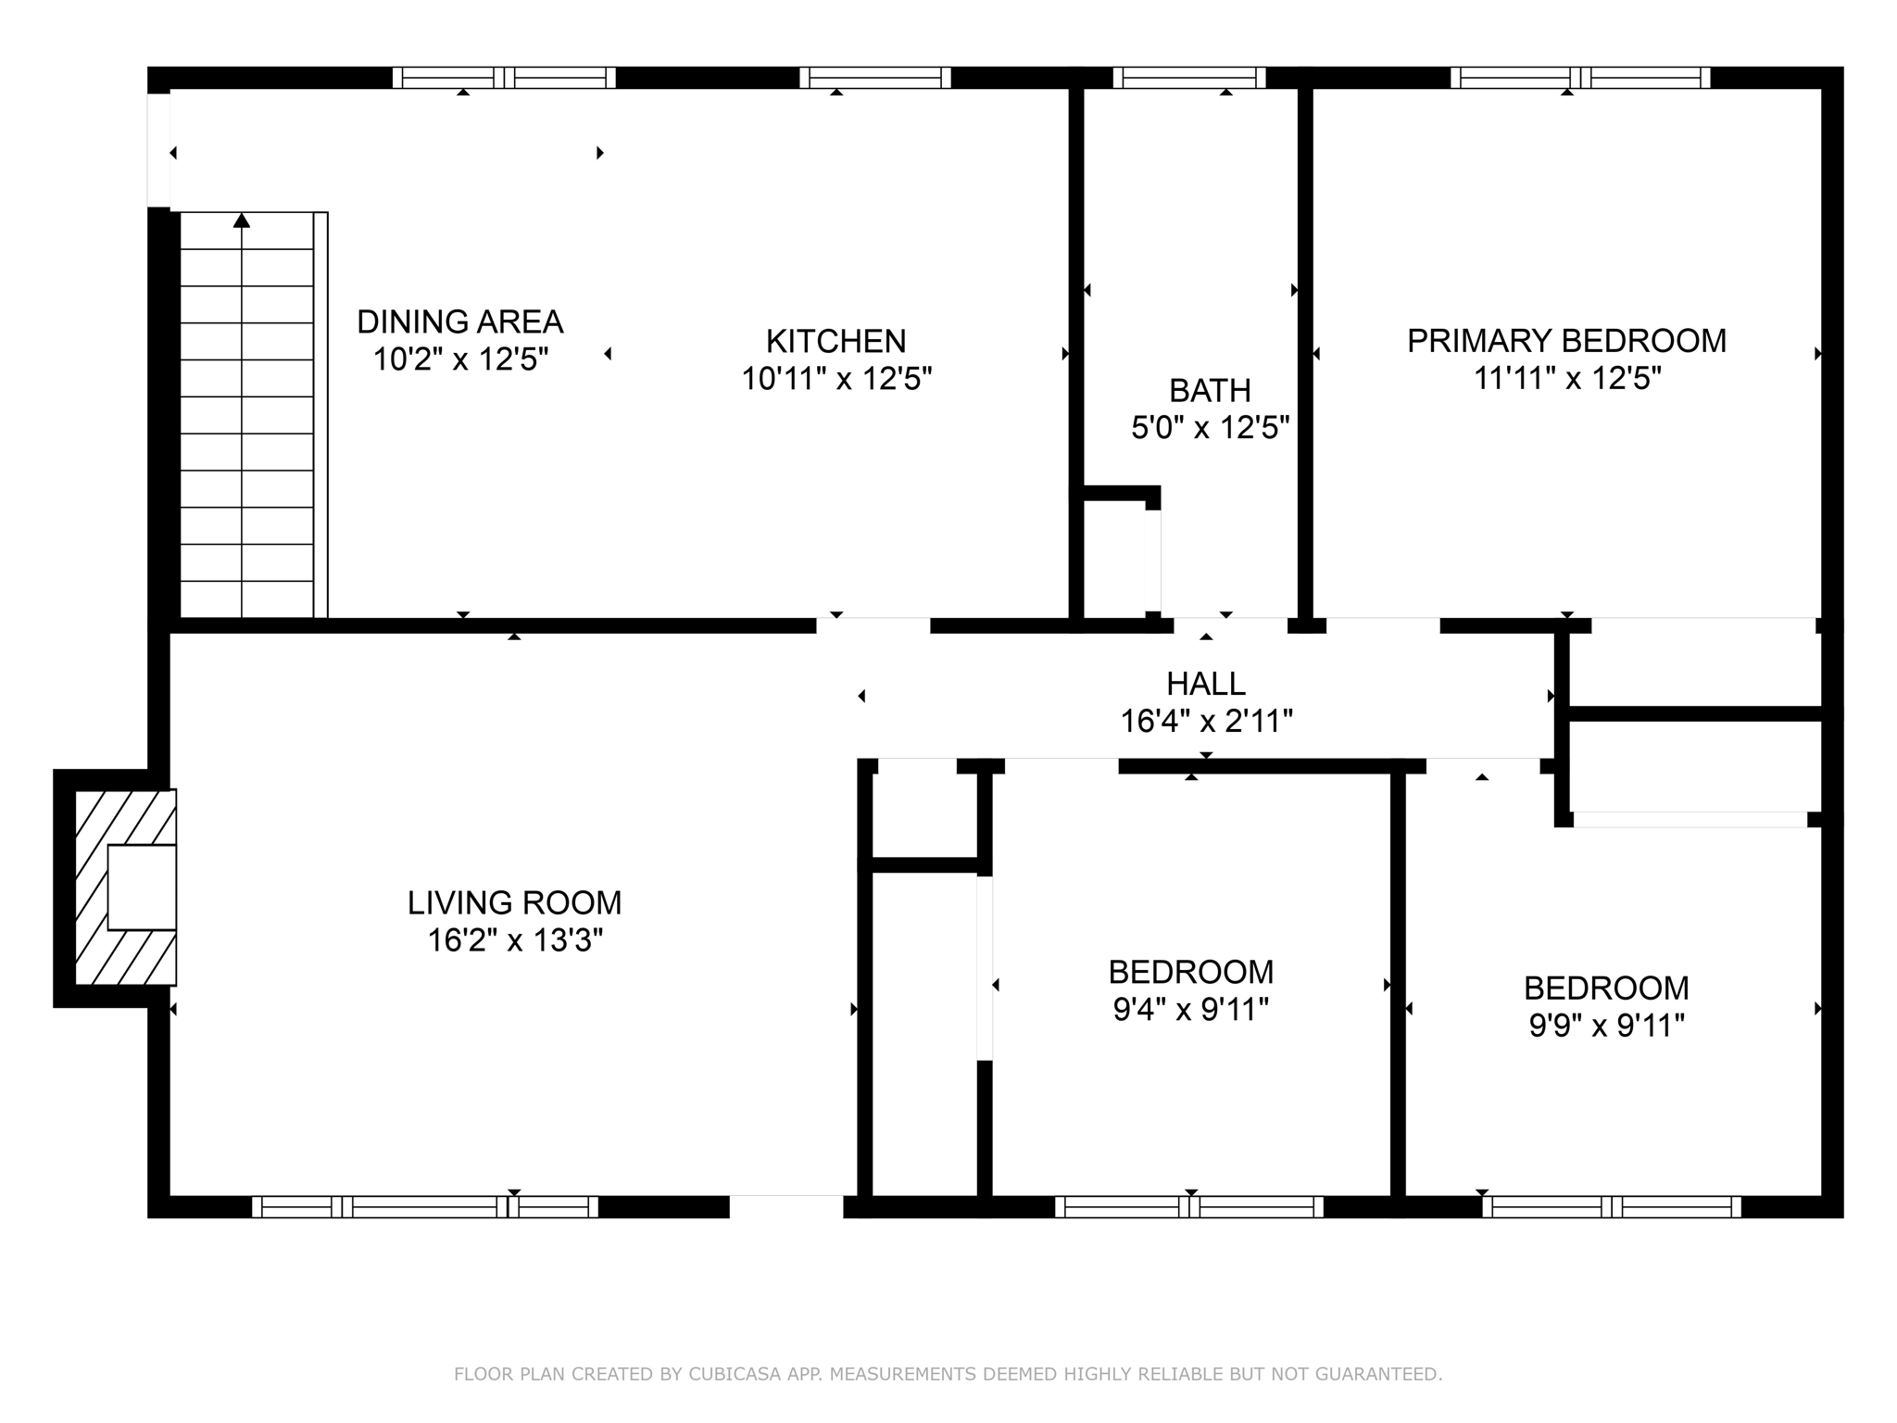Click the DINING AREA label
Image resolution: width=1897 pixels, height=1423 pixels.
(459, 321)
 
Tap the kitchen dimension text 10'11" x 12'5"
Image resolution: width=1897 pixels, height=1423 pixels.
(835, 379)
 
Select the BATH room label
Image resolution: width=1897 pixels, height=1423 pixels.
(1210, 391)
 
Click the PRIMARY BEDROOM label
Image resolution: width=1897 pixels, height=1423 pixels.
(1566, 341)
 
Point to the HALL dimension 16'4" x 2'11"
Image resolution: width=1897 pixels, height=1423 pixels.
(1206, 721)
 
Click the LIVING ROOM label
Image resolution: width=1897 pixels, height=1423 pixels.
(514, 902)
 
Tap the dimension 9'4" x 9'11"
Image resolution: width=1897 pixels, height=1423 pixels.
(1190, 1009)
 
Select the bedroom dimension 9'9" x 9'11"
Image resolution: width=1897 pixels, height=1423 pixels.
(1606, 1026)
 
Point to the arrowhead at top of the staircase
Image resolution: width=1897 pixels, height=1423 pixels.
(242, 220)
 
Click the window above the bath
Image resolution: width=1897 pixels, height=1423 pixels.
(1188, 78)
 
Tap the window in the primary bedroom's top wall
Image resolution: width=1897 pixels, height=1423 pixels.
(1579, 78)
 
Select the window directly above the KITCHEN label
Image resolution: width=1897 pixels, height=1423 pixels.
(874, 78)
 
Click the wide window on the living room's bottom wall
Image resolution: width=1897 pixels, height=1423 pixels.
(424, 1206)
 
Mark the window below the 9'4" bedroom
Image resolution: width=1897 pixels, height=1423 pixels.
(1189, 1206)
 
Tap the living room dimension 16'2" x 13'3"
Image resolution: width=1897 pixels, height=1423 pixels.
(514, 940)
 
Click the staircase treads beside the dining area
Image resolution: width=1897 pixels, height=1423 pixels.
(246, 417)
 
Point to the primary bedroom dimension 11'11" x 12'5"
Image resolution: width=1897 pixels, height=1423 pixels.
(1566, 379)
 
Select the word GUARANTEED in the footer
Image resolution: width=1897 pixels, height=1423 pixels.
(1381, 1374)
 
